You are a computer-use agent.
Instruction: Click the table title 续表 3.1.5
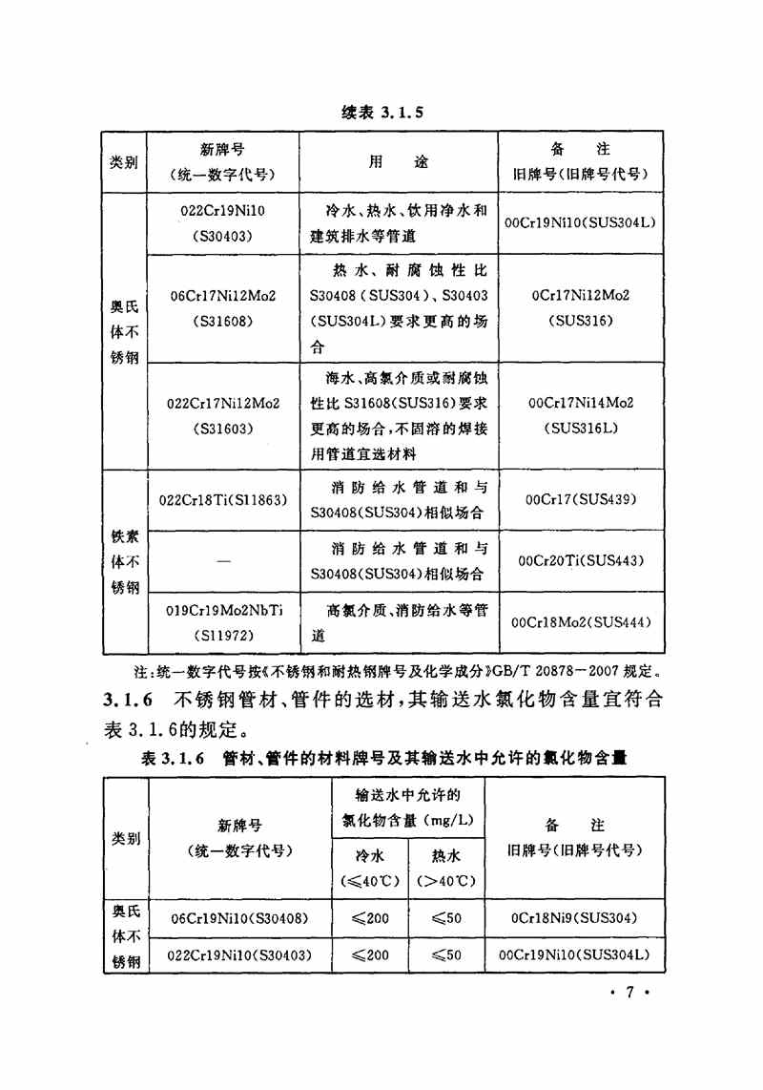381,112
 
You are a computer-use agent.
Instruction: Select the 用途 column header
399,162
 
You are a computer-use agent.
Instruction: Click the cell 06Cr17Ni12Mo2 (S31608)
223,308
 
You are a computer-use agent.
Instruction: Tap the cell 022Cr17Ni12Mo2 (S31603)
223,415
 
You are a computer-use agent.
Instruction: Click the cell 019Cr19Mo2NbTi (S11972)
223,621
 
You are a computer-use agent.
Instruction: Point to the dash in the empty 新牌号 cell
223,562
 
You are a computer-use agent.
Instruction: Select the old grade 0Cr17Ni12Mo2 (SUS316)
581,308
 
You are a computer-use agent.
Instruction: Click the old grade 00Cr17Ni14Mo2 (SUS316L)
581,415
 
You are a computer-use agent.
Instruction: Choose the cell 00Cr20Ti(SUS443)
581,561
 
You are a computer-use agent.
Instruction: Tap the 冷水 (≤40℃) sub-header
368,868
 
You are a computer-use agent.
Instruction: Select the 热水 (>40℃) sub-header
445,868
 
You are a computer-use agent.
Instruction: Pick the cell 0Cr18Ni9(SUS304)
574,918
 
